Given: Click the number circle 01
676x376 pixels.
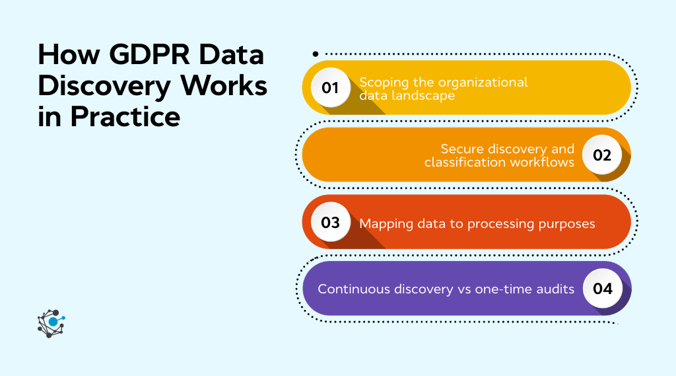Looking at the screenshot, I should (329, 88).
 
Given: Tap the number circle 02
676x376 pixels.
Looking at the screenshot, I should (602, 155).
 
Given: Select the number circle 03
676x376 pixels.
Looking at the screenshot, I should (329, 222).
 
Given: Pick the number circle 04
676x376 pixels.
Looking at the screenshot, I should (602, 289).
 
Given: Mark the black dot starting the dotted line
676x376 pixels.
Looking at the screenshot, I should (316, 54).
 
